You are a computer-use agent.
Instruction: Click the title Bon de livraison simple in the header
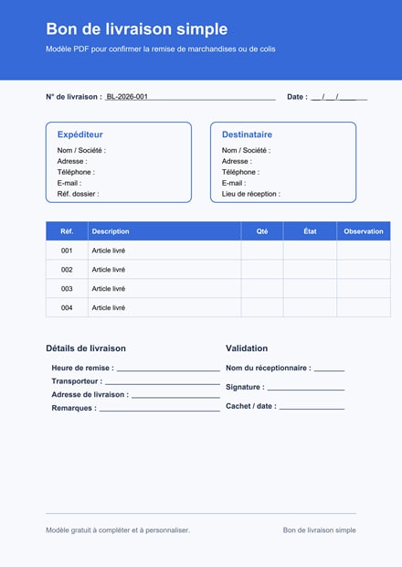pos(136,29)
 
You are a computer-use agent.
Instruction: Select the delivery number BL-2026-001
pos(127,96)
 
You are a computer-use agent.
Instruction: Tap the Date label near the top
pos(296,96)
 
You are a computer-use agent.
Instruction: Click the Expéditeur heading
pos(79,134)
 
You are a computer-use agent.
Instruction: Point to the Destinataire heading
pos(247,134)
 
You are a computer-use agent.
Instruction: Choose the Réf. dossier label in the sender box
pos(78,194)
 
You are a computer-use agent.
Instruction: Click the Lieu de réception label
pos(250,194)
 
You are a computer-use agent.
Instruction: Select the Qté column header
pos(262,231)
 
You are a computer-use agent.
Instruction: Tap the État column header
pos(310,231)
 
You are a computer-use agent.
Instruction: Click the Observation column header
pos(364,231)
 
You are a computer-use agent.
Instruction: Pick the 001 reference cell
pos(67,251)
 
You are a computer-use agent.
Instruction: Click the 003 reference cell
pos(67,288)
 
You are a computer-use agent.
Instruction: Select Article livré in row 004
pos(108,307)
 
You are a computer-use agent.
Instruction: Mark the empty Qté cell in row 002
pos(262,270)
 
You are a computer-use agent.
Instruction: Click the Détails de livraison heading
pos(86,348)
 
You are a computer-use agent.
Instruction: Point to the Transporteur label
pos(76,380)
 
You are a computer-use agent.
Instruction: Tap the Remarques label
pos(73,408)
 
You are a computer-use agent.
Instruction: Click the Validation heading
pos(247,348)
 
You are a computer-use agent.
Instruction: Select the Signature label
pos(244,387)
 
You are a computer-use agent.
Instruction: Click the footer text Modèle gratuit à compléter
pos(118,530)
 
